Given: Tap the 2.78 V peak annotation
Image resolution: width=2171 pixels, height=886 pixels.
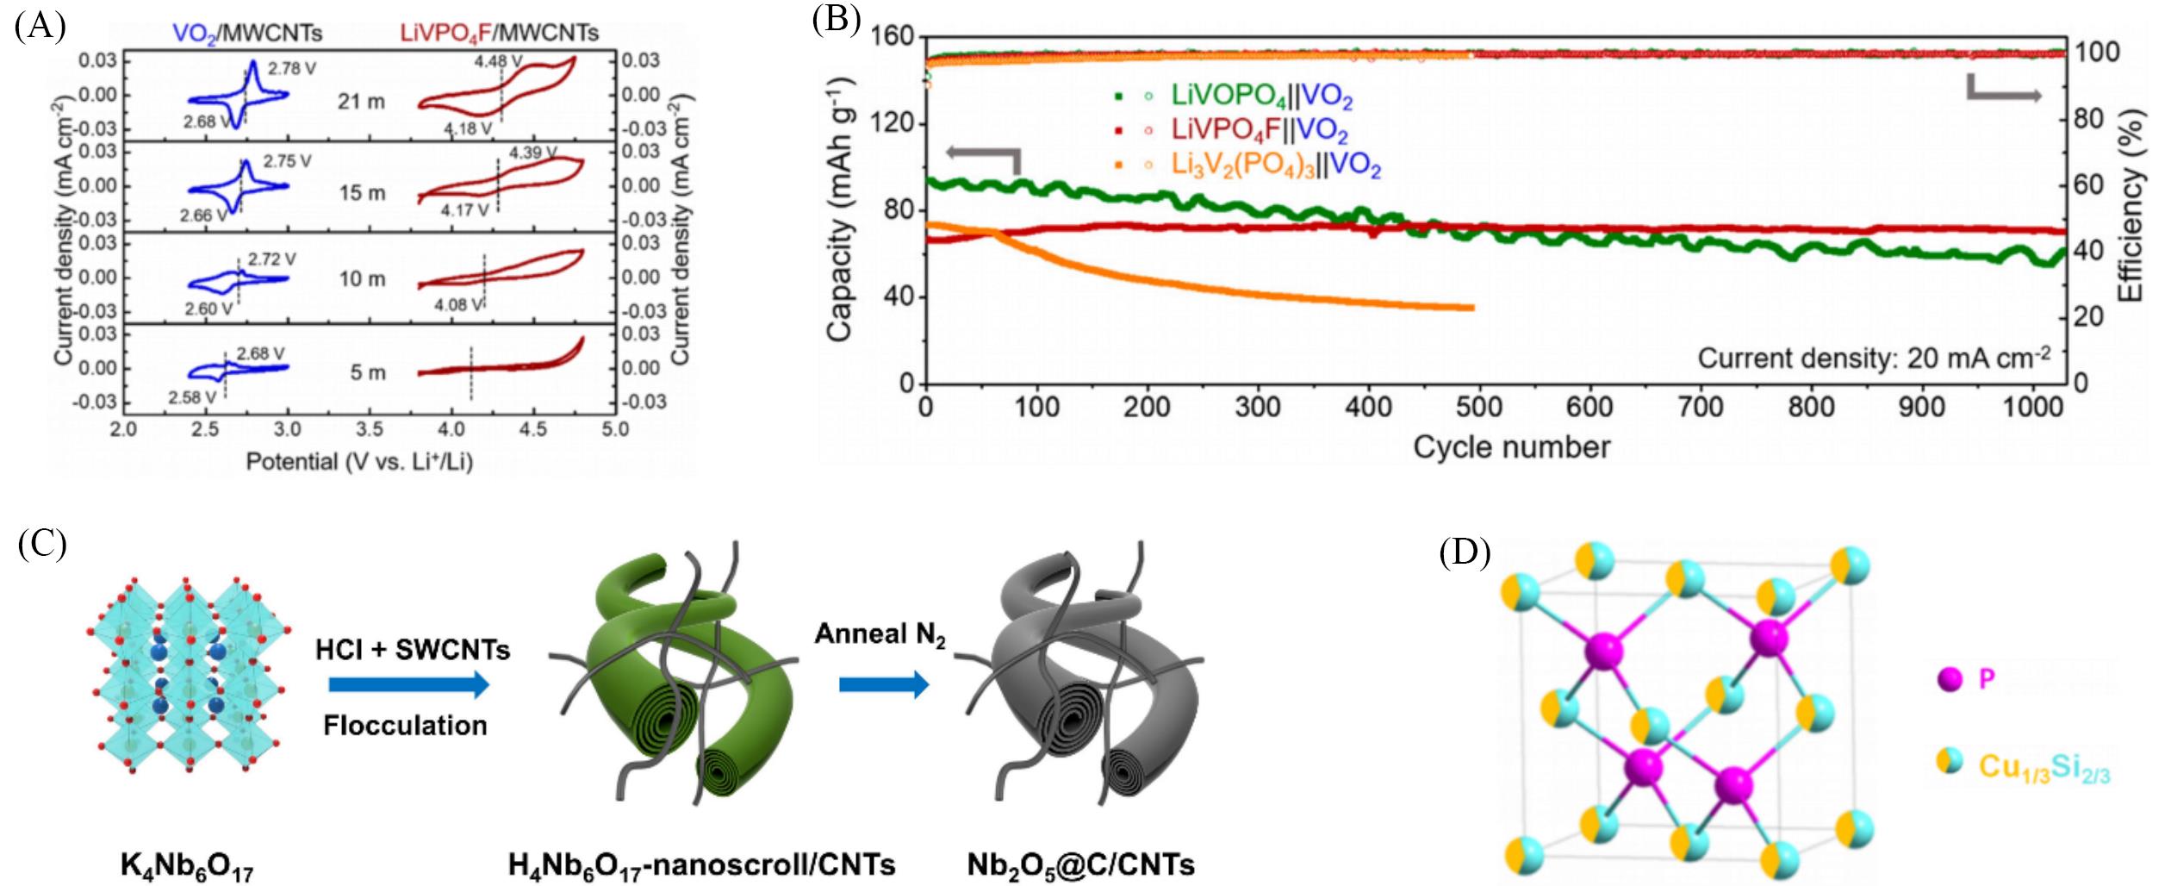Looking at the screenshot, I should click(x=292, y=69).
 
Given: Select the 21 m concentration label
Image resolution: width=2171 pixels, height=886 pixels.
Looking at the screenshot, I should click(x=361, y=102).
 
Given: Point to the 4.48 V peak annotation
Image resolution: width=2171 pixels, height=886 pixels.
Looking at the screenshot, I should click(x=497, y=62).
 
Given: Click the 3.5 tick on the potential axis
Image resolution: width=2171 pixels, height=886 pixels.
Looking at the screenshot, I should click(x=370, y=429).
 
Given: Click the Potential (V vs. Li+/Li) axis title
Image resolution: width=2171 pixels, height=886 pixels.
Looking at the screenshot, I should click(x=359, y=462).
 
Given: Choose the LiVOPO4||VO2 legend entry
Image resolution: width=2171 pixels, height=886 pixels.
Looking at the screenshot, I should click(x=1260, y=97).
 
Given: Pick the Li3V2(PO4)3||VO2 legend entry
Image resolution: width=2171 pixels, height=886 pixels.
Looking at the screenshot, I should click(x=1275, y=165).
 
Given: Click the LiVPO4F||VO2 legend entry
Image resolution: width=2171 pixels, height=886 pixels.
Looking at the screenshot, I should click(x=1259, y=130).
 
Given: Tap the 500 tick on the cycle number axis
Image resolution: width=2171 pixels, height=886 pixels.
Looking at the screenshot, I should click(x=1479, y=407).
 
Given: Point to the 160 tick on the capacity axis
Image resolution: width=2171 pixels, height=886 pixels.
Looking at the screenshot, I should click(x=893, y=37).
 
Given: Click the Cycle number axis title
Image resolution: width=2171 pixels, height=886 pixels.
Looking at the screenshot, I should click(x=1511, y=447).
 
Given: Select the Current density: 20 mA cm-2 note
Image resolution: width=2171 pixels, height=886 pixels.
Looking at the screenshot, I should click(x=1873, y=358).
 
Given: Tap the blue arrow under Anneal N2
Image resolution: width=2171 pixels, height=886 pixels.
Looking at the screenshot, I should click(x=884, y=685).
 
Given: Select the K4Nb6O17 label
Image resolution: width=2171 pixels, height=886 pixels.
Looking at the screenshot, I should click(x=187, y=864).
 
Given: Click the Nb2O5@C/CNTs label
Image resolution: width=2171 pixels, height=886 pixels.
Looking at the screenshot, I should click(x=1080, y=864).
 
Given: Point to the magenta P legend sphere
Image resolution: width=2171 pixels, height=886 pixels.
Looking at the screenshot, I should click(x=1950, y=680).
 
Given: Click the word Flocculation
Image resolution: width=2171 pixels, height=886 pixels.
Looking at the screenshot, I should click(x=405, y=726).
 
